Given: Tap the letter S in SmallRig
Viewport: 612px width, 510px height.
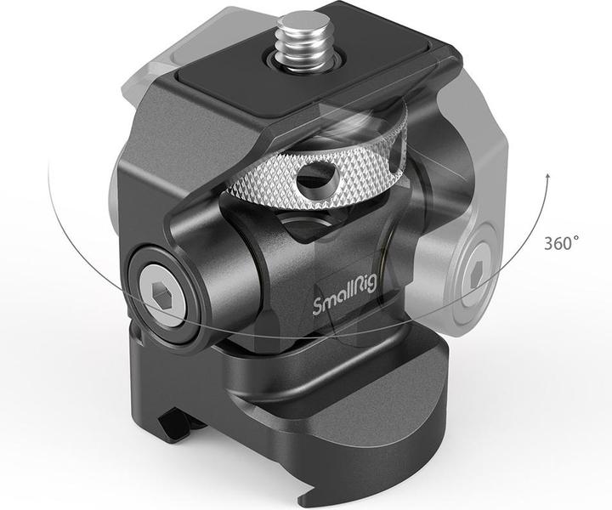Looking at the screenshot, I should click(x=320, y=304).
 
